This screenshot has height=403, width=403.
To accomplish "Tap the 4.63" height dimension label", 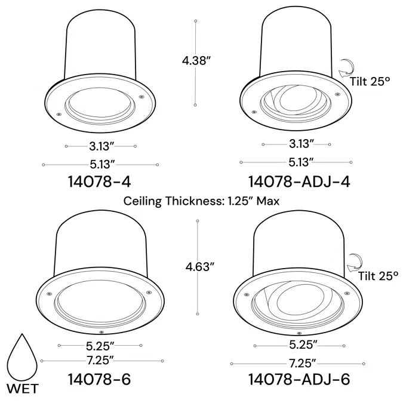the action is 200,267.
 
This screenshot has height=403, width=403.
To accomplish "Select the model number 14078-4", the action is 99,181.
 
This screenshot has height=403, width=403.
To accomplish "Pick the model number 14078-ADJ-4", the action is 299,181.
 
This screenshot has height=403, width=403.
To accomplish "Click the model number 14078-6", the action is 99,379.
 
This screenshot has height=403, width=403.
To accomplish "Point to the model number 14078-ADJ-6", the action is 299,379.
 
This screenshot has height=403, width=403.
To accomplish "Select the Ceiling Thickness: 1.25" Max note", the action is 201,201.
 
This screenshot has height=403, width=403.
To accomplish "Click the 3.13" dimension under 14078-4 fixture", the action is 101,146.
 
